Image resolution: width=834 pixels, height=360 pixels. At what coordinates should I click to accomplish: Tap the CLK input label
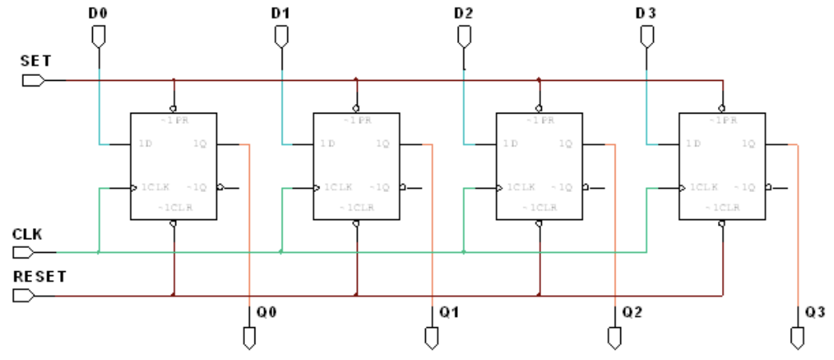26,235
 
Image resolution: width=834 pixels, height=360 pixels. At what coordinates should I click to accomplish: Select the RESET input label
39,277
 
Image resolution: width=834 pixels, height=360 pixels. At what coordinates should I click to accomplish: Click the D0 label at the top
97,13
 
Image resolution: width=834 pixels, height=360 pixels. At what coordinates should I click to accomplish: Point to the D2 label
463,13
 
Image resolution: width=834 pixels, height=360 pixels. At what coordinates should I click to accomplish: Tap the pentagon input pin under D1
281,37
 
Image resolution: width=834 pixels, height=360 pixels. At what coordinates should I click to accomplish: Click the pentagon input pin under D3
647,37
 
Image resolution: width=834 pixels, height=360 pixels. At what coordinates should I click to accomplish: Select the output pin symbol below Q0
250,337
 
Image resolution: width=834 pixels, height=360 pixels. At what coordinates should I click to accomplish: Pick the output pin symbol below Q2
614,337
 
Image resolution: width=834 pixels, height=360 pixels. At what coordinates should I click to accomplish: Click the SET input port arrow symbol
33,80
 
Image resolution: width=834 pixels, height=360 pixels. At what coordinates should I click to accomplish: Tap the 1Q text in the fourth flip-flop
748,144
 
